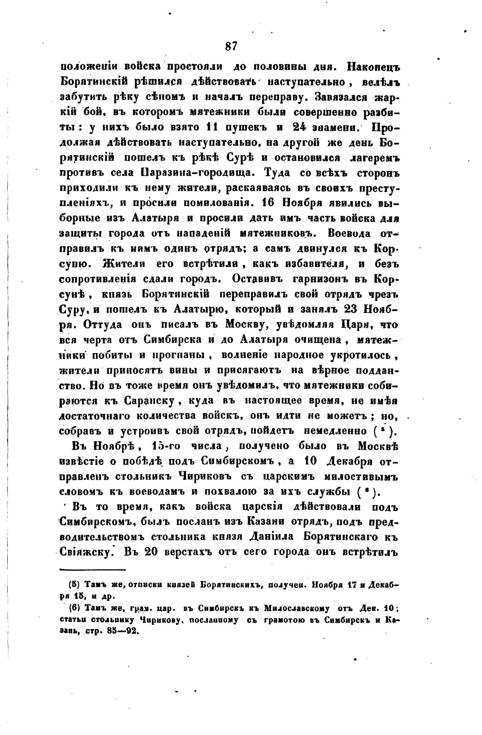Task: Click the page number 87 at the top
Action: point(232,46)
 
